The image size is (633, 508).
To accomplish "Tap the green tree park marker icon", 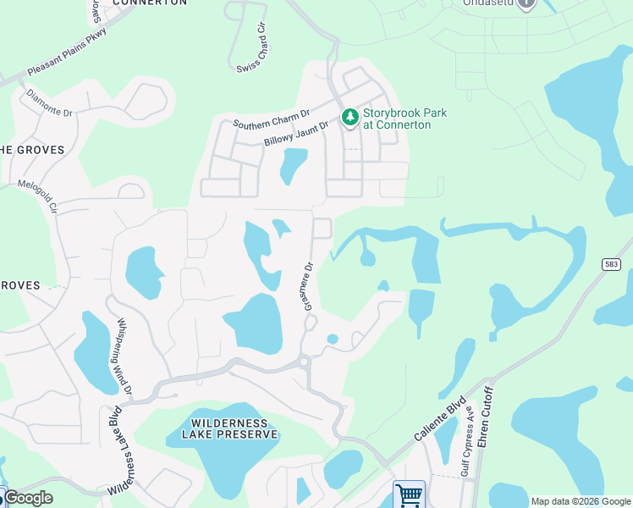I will [x=349, y=118].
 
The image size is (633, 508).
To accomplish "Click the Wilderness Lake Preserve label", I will [x=229, y=428].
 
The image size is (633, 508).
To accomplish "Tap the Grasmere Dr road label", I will [x=309, y=285].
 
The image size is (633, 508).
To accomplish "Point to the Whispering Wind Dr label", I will [x=124, y=356].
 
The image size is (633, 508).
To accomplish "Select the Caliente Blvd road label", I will [x=440, y=418].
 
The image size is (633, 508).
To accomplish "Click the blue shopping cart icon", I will [x=409, y=494].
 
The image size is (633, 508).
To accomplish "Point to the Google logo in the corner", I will [x=27, y=498].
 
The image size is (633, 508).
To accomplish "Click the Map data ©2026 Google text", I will [x=581, y=501].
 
